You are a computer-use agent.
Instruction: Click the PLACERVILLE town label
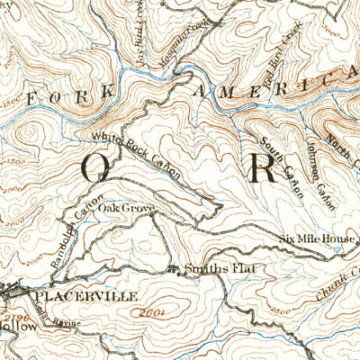(85, 294)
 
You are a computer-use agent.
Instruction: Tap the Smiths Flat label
(211, 268)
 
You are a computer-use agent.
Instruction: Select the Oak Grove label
(127, 208)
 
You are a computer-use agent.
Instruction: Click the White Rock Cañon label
(136, 153)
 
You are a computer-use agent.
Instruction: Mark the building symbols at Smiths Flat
(173, 267)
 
